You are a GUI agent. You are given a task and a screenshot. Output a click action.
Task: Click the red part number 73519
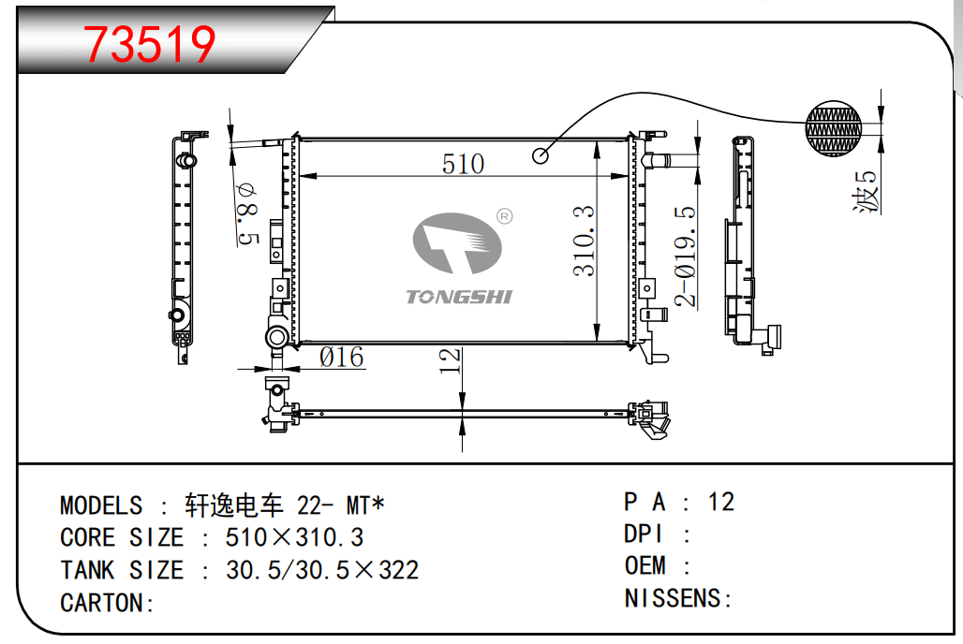[x=150, y=44]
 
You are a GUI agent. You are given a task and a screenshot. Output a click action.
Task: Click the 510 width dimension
[x=464, y=165]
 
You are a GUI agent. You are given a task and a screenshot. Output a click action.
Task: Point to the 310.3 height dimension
[x=584, y=241]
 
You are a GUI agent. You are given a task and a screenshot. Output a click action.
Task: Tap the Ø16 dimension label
[x=341, y=358]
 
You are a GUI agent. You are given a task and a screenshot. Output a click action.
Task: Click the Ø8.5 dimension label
[x=246, y=213]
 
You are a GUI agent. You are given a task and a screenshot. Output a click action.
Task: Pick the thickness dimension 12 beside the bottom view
[x=451, y=360]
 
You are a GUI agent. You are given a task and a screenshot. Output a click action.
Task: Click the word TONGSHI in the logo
[x=459, y=297]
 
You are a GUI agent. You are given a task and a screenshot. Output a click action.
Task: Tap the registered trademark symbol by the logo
[x=503, y=217]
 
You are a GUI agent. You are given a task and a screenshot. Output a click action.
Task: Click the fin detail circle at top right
[x=835, y=128]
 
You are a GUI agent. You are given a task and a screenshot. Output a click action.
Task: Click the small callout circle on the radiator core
[x=541, y=154]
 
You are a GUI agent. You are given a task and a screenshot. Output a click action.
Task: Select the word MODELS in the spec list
[x=101, y=506]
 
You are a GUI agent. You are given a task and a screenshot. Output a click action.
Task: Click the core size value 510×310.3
[x=294, y=538]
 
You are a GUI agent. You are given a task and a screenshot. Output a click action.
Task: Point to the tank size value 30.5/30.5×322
[x=322, y=570]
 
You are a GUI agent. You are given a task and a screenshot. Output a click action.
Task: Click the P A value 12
[x=721, y=503]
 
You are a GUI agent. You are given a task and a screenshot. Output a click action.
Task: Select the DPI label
[x=644, y=534]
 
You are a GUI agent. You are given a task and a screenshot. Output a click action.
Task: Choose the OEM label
[x=645, y=566]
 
